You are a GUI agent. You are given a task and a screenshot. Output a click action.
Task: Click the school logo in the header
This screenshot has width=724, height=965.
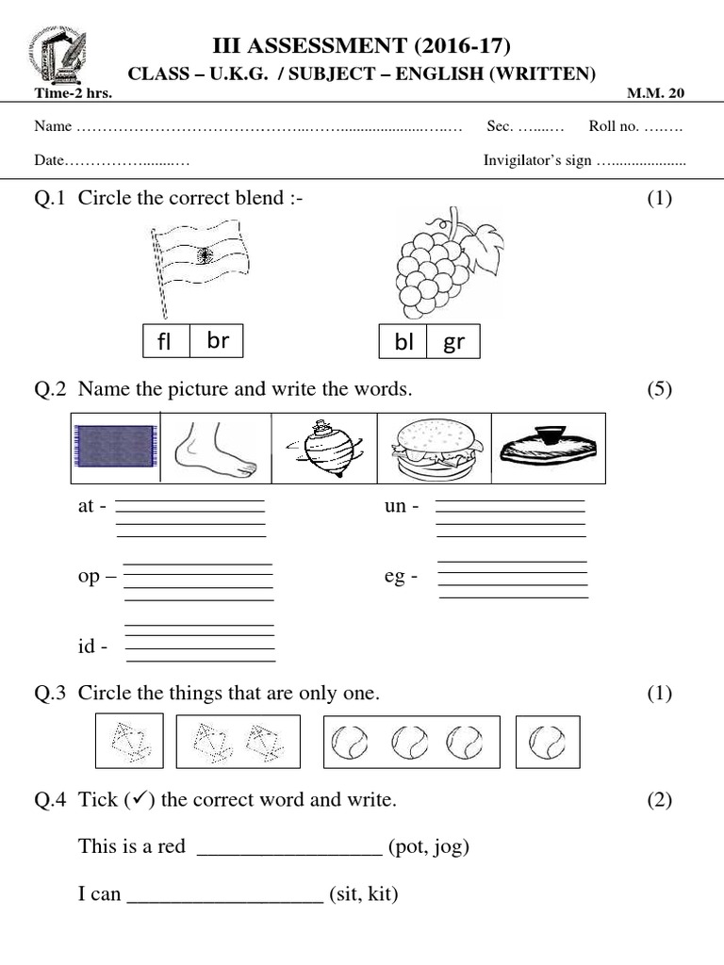coord(57,56)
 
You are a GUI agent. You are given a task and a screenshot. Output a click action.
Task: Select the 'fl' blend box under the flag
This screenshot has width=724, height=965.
coord(166,341)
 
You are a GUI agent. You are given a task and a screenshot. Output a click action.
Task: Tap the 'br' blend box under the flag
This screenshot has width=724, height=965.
coord(218,341)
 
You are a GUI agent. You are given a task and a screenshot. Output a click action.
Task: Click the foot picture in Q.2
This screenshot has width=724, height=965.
coord(216,448)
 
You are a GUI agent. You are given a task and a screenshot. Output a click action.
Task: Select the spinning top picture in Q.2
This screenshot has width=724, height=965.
coord(323,448)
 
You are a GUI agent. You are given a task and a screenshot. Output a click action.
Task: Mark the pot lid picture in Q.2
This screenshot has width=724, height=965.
coord(548,448)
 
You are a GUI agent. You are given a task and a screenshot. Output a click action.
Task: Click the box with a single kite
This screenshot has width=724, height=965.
coord(128,741)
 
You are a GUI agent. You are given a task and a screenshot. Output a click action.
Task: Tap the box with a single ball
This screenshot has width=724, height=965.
coord(548,741)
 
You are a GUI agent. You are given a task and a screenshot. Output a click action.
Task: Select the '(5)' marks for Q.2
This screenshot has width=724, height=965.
coord(659,389)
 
